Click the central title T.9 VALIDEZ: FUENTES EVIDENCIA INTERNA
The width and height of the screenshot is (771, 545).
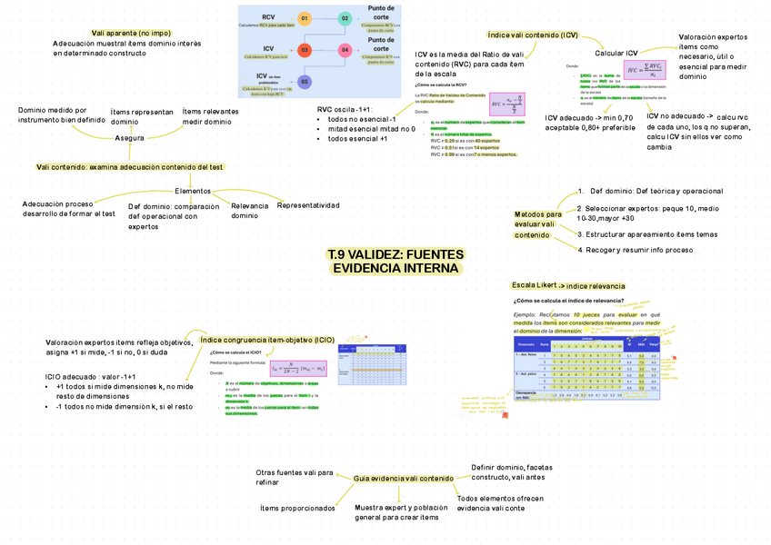396,262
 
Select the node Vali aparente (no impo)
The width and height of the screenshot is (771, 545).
131,33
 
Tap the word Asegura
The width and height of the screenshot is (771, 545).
129,138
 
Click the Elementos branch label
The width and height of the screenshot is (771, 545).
193,191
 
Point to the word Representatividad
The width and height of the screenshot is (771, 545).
308,205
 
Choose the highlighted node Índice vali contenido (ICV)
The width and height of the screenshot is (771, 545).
533,35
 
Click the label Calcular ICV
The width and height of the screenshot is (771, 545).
616,54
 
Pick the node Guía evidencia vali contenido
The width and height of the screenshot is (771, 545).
403,479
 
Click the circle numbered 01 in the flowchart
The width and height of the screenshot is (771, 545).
305,18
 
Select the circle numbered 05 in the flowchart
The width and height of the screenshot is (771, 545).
305,82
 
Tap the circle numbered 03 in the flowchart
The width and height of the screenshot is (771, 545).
305,50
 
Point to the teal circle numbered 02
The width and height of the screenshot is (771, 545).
345,18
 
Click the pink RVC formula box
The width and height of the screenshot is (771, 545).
506,103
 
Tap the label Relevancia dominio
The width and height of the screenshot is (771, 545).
250,211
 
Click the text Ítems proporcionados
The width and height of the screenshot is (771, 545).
297,509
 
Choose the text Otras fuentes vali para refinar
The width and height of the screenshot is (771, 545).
294,478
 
